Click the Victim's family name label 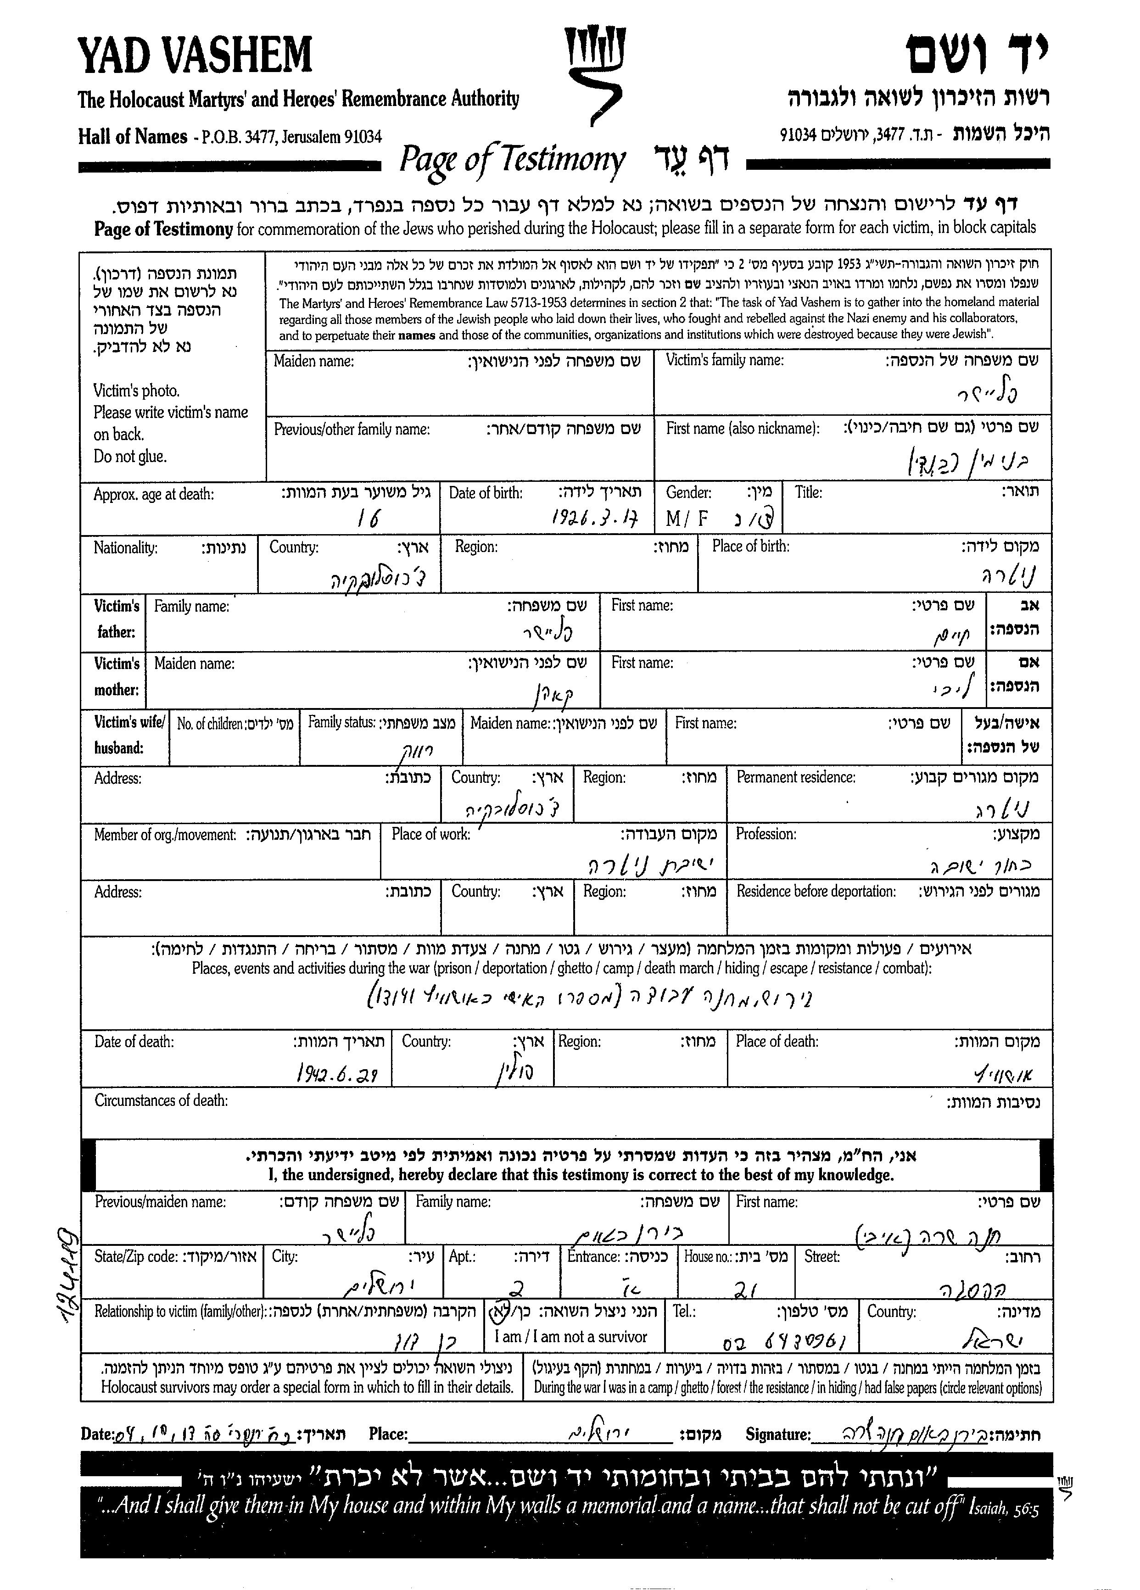(x=724, y=360)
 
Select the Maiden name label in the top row (x=313, y=362)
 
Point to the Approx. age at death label (x=154, y=494)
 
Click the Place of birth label (x=750, y=546)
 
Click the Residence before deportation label (x=816, y=891)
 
